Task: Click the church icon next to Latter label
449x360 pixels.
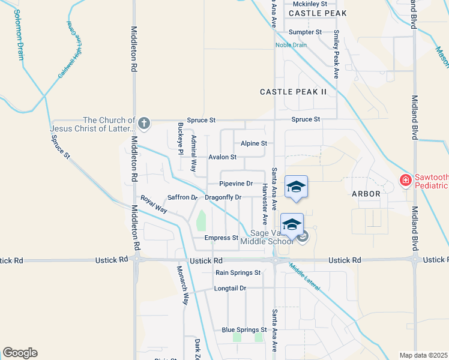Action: pyautogui.click(x=143, y=124)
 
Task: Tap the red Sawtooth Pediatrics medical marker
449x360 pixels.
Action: pyautogui.click(x=406, y=179)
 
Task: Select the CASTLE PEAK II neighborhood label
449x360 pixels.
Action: pyautogui.click(x=293, y=92)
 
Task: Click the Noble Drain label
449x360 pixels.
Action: pyautogui.click(x=291, y=45)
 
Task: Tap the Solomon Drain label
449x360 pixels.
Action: pyautogui.click(x=19, y=35)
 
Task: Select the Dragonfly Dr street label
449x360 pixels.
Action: pyautogui.click(x=223, y=197)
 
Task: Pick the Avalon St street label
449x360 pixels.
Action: pyautogui.click(x=222, y=157)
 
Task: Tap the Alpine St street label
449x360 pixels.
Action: pyautogui.click(x=253, y=144)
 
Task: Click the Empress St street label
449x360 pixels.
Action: pyautogui.click(x=221, y=238)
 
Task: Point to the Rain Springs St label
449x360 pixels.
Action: pyautogui.click(x=238, y=272)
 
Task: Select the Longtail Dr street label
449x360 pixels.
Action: pyautogui.click(x=230, y=288)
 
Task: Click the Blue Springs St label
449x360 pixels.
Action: pyautogui.click(x=244, y=330)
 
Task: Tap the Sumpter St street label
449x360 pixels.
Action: pyautogui.click(x=305, y=32)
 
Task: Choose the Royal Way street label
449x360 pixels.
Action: pyautogui.click(x=154, y=204)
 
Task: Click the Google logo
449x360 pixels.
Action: pyautogui.click(x=20, y=353)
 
